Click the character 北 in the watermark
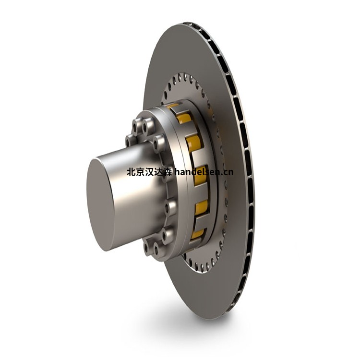tap(131, 171)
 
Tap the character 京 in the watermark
tap(140, 171)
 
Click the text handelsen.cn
tap(204, 171)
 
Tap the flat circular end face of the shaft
tap(101, 202)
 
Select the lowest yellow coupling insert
tap(198, 234)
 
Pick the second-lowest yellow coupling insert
tap(202, 208)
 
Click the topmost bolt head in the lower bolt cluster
tap(169, 207)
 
